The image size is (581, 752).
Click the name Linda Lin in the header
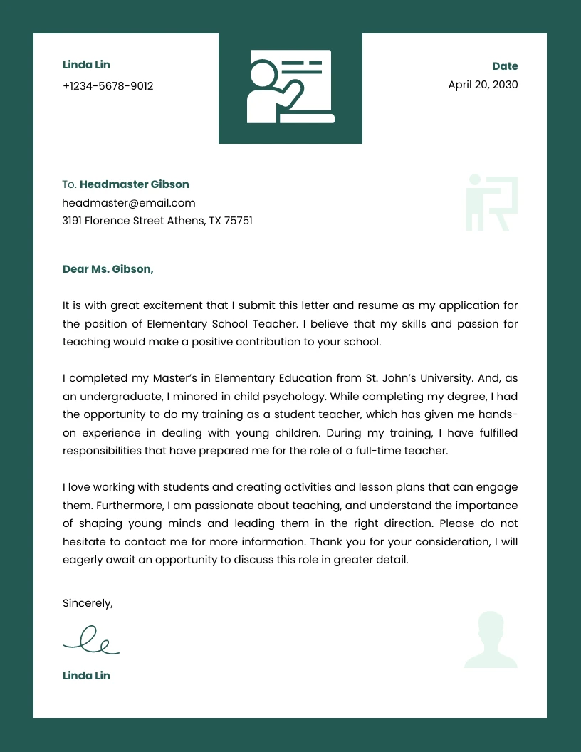coord(86,65)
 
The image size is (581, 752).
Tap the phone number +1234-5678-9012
coord(108,86)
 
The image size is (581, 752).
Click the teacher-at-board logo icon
coord(290,87)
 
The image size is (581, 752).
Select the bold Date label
coord(505,66)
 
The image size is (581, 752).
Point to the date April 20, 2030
coord(483,85)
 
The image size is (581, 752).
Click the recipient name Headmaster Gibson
coord(134,184)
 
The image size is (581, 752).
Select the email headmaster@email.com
coord(128,203)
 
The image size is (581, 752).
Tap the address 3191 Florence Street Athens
coord(157,221)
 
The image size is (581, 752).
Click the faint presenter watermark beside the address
coord(491,203)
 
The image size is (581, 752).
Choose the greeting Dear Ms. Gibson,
coord(108,269)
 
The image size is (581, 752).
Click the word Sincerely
coord(88,603)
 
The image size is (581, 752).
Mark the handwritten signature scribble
coord(91,640)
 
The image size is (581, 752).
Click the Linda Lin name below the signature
coord(86,676)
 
